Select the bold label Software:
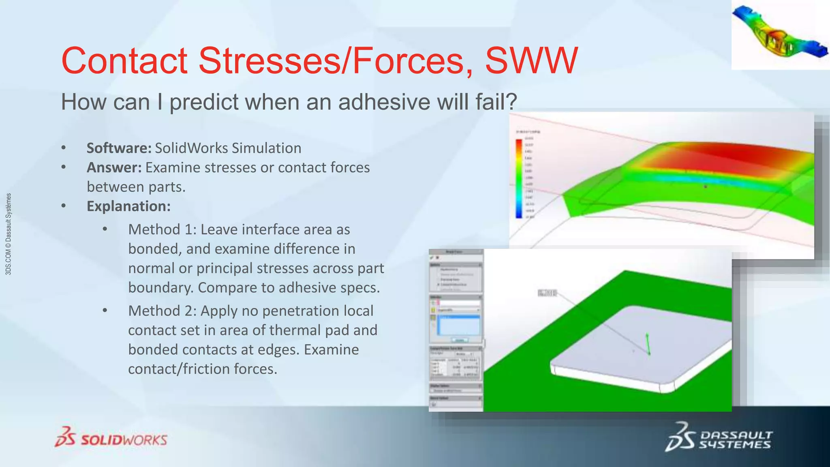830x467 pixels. pyautogui.click(x=119, y=148)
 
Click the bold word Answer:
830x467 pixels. pyautogui.click(x=114, y=168)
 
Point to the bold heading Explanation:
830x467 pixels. pyautogui.click(x=128, y=206)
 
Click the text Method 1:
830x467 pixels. pyautogui.click(x=162, y=230)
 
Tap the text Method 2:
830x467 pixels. pyautogui.click(x=162, y=311)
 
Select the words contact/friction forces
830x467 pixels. pyautogui.click(x=203, y=369)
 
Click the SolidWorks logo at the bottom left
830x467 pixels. pyautogui.click(x=111, y=438)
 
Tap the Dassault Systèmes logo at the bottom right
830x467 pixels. pyautogui.click(x=718, y=438)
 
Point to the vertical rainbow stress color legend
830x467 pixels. pyautogui.click(x=519, y=178)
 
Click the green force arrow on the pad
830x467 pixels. pyautogui.click(x=648, y=344)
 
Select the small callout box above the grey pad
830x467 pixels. pyautogui.click(x=547, y=293)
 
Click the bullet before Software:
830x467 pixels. pyautogui.click(x=64, y=148)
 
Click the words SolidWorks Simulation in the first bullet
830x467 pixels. pyautogui.click(x=228, y=148)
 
